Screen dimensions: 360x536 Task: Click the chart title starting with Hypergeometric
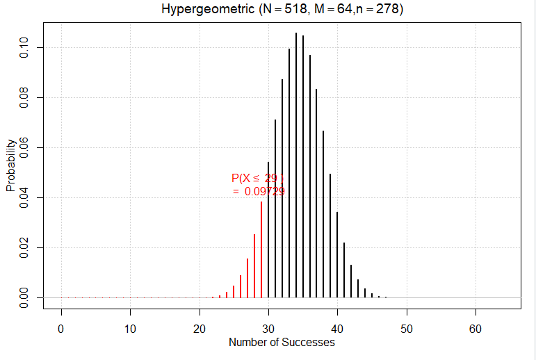click(x=282, y=10)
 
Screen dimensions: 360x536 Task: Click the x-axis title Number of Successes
click(x=282, y=342)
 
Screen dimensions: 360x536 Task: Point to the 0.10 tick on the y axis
click(x=24, y=48)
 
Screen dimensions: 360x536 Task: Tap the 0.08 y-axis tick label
click(x=24, y=98)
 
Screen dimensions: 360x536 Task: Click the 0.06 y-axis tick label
click(x=24, y=148)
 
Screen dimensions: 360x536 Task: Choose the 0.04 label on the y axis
click(x=24, y=198)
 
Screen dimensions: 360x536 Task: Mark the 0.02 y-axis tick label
click(x=24, y=248)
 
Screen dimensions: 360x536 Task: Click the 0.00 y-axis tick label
click(x=24, y=297)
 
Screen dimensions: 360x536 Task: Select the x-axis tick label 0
click(x=61, y=327)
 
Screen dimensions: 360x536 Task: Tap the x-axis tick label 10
click(x=130, y=327)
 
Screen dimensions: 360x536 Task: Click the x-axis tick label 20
click(x=200, y=327)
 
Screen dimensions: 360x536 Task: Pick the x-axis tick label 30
click(x=268, y=327)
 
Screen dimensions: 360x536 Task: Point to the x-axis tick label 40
click(x=337, y=327)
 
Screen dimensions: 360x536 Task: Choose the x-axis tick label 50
click(x=407, y=327)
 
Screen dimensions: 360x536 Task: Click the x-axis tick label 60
click(x=476, y=327)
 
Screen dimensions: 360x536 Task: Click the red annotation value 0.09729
click(x=264, y=192)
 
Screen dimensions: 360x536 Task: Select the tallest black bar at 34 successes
click(x=295, y=167)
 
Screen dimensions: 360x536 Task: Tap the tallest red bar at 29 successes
click(x=261, y=250)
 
